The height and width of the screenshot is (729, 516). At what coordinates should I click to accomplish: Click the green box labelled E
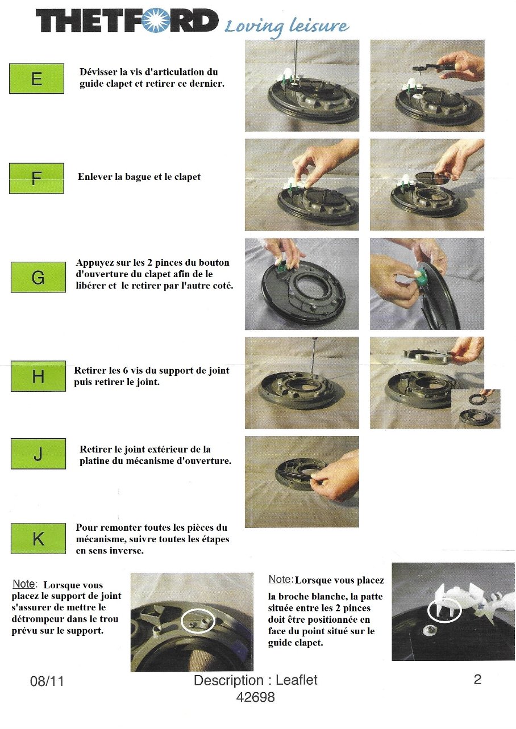click(x=36, y=78)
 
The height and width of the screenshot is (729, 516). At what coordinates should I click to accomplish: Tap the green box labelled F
click(x=36, y=178)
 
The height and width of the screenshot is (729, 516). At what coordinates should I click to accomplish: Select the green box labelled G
click(x=38, y=277)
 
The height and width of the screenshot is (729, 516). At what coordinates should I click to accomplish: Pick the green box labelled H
click(x=38, y=376)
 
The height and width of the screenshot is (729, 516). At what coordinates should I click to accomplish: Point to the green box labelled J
click(x=38, y=454)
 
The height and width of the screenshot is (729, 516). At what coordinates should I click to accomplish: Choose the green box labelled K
click(x=38, y=539)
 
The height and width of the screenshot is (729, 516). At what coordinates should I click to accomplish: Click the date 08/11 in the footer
click(x=47, y=681)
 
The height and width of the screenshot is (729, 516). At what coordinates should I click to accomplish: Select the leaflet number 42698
click(x=255, y=697)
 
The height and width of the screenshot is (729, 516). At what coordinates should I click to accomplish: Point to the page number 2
click(x=477, y=680)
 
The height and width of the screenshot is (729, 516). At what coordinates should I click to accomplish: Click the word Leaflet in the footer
click(x=297, y=680)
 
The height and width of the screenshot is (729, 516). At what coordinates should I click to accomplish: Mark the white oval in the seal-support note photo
click(x=198, y=621)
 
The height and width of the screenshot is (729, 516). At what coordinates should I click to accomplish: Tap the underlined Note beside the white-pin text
click(x=280, y=580)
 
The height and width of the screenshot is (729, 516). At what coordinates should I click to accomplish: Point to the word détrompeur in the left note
click(x=37, y=619)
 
